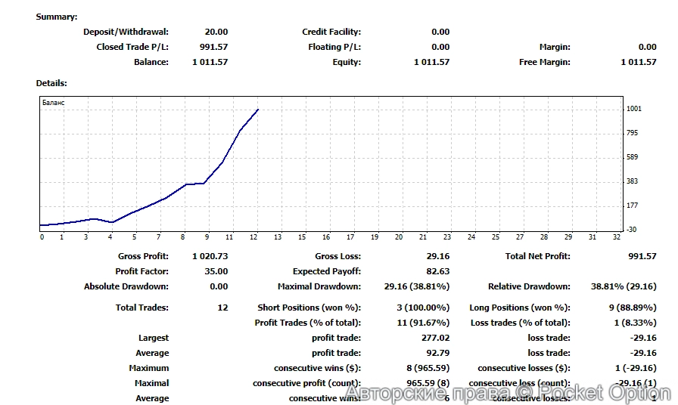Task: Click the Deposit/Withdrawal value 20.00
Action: (x=216, y=32)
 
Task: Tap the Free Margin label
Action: (x=544, y=62)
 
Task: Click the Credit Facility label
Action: (x=331, y=32)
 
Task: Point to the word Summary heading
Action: (x=56, y=17)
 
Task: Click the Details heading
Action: (x=51, y=83)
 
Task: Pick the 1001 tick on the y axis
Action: (x=633, y=109)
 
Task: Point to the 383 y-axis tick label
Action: (x=633, y=181)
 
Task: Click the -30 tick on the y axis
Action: (x=632, y=230)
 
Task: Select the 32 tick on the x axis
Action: (x=617, y=237)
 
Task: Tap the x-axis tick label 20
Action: (x=399, y=237)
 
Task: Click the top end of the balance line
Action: (x=258, y=110)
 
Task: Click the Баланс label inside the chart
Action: (x=53, y=102)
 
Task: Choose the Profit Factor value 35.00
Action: (x=216, y=271)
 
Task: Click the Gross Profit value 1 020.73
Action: (x=210, y=256)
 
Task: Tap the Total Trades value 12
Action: (x=222, y=308)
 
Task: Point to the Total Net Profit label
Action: (x=537, y=256)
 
